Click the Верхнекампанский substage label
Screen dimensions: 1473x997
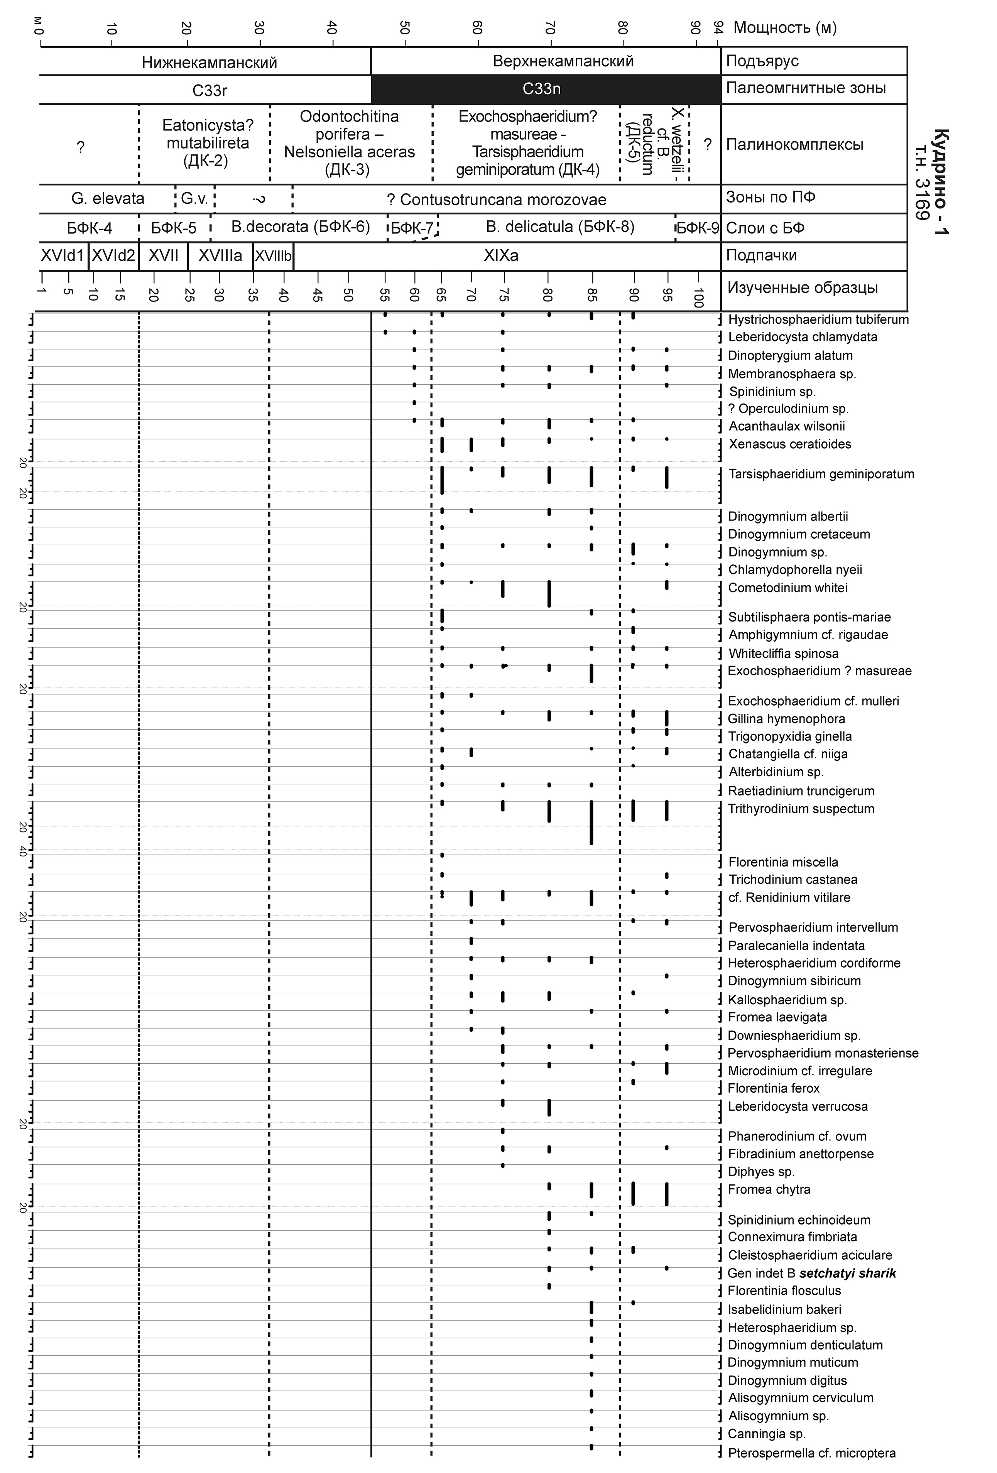pos(563,61)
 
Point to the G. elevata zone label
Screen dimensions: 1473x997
pos(108,198)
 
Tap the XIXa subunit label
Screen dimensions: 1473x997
pos(501,255)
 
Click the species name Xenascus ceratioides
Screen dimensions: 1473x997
pos(789,444)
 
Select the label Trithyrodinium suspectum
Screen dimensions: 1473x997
pos(801,809)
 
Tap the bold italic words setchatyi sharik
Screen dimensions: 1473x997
pos(847,1273)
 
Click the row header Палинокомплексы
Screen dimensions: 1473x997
pos(794,145)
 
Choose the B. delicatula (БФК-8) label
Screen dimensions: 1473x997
pos(560,227)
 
